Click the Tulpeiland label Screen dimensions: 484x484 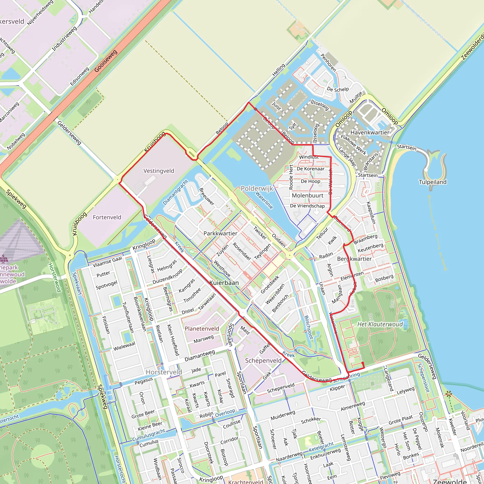tap(433, 182)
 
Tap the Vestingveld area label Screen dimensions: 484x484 tap(159, 171)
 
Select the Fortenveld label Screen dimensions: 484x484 tap(107, 217)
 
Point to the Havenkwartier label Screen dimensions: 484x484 tap(370, 132)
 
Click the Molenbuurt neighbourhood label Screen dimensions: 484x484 tap(308, 195)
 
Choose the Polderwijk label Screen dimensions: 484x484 tap(257, 188)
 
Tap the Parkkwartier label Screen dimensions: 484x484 tap(220, 233)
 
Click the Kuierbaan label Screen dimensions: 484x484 tap(224, 283)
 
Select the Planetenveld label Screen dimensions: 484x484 tap(202, 328)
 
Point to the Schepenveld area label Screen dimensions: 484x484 tap(263, 360)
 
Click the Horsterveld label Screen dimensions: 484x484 tap(164, 372)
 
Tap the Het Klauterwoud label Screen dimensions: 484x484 tap(380, 324)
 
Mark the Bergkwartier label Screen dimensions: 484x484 tap(354, 259)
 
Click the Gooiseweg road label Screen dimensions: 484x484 tap(106, 61)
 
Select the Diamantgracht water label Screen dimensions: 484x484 tap(175, 192)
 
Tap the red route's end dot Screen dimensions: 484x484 tap(363, 363)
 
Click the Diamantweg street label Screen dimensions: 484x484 tap(200, 356)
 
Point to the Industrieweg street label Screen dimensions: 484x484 tap(64, 39)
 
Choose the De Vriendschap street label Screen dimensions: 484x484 tap(307, 206)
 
